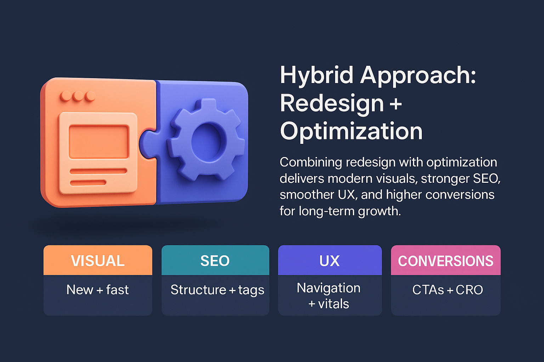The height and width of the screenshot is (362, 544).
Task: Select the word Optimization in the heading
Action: [x=351, y=131]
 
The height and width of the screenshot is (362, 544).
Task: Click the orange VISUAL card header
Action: [x=98, y=261]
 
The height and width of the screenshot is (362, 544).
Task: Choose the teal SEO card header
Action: [x=215, y=261]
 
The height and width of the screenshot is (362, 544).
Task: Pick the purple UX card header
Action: [x=329, y=261]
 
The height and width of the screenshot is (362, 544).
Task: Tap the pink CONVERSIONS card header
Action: [x=446, y=261]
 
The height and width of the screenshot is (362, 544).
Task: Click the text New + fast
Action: [x=98, y=290]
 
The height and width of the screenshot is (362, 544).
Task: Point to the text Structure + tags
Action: [x=217, y=290]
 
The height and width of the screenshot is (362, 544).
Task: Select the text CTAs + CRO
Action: [x=447, y=290]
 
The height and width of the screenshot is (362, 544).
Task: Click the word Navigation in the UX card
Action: [x=329, y=288]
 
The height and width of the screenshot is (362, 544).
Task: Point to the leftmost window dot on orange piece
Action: [x=66, y=96]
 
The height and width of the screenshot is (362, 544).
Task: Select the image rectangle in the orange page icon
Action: [x=98, y=141]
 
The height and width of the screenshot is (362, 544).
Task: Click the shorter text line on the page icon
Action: [x=88, y=183]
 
